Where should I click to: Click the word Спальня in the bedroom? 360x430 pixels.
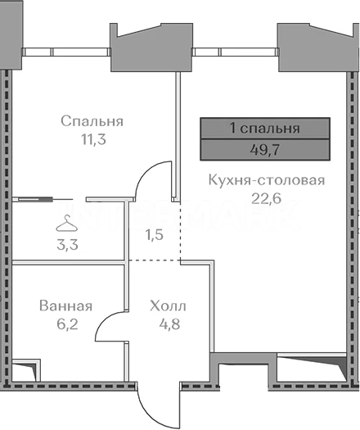[92, 121]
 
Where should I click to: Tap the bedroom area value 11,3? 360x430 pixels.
[93, 139]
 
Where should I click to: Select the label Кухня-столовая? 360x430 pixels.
[267, 180]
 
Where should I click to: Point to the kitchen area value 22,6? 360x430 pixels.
[266, 198]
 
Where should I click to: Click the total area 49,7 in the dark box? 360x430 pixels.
[265, 150]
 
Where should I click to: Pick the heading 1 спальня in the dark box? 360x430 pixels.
[265, 129]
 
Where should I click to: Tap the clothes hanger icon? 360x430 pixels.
[66, 224]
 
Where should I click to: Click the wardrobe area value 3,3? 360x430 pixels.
[67, 245]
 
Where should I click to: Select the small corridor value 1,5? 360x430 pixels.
[155, 235]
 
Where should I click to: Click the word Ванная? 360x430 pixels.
[65, 306]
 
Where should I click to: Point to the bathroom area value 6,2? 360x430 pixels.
[67, 324]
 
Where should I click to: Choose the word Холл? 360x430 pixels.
[168, 306]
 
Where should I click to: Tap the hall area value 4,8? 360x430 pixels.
[169, 324]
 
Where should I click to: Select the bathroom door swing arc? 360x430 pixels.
[103, 319]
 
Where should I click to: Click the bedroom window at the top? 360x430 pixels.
[66, 52]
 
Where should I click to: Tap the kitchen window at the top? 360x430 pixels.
[235, 52]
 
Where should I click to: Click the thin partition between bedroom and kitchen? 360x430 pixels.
[178, 135]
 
